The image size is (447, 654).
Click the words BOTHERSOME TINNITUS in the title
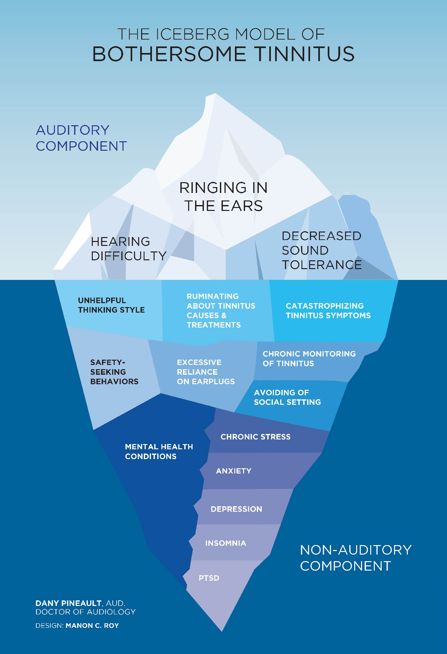coord(223,54)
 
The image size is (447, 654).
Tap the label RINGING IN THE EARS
coord(223,197)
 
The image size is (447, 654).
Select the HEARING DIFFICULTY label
coord(128,249)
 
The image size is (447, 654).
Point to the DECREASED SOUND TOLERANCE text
coord(322,250)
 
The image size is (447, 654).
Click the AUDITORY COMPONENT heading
coord(81,138)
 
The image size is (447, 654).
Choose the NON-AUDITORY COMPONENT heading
coord(356,558)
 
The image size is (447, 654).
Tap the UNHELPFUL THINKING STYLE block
coord(111,305)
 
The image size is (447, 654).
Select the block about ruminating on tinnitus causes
coord(221,310)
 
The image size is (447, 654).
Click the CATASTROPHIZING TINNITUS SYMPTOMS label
coord(328,311)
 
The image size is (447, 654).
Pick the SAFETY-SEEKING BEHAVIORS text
coord(114,372)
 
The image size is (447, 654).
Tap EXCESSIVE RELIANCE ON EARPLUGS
coord(206,372)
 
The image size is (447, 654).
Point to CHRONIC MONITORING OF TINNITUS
coord(309,358)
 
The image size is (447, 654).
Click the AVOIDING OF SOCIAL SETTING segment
coord(287,397)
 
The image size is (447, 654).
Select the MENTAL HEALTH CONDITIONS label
coord(159,451)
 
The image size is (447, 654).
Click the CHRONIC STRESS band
coord(255,437)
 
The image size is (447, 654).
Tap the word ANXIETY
coord(234,471)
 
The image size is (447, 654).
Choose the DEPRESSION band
coord(236,509)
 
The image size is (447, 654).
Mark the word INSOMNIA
coord(225,543)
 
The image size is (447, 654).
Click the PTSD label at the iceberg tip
coord(209,578)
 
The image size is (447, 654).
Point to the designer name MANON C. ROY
coord(92,626)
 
